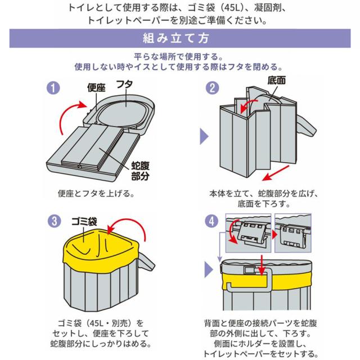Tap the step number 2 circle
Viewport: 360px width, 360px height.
[x=213, y=88]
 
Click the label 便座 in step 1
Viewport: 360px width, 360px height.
[x=97, y=88]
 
